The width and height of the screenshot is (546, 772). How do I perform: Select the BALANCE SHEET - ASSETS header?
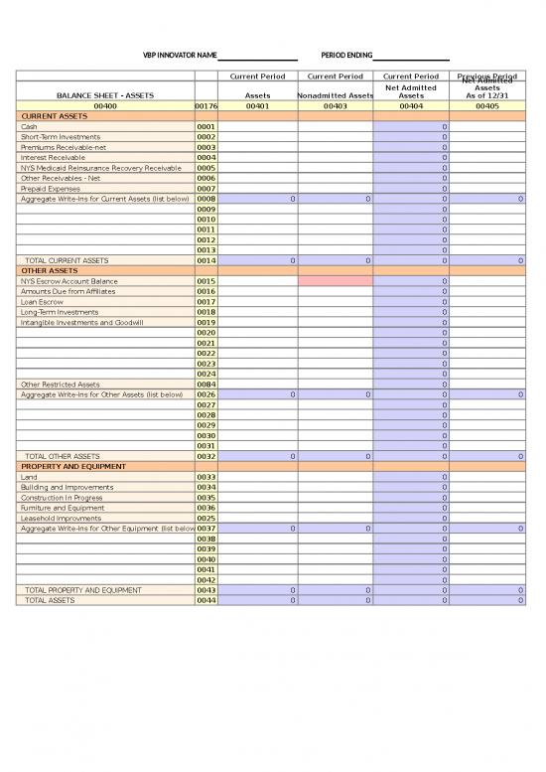click(x=104, y=95)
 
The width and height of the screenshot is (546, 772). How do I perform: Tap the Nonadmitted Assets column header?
click(x=336, y=95)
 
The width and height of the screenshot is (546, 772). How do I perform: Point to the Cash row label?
click(x=29, y=127)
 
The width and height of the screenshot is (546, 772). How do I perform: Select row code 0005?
click(x=205, y=168)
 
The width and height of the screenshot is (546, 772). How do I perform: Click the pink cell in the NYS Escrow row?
click(x=336, y=281)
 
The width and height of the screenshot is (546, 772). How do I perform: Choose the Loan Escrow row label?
click(x=41, y=302)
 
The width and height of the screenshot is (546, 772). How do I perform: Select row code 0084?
click(x=205, y=384)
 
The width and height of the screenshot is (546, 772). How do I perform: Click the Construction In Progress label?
click(x=61, y=497)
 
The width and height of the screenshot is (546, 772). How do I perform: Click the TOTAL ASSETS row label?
click(x=50, y=600)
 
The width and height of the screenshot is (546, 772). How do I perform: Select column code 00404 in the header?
click(x=411, y=105)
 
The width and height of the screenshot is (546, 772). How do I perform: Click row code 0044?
click(x=205, y=600)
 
